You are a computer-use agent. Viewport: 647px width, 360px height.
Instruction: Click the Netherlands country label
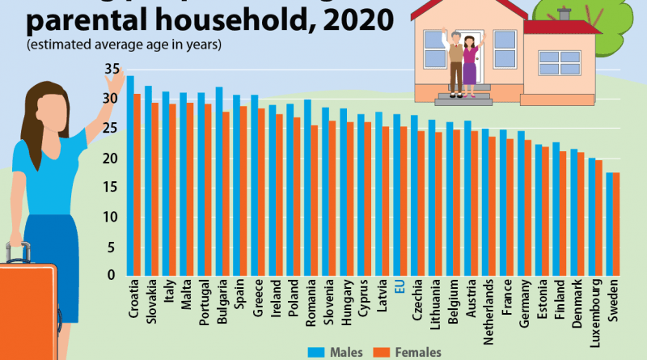coord(488,304)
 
